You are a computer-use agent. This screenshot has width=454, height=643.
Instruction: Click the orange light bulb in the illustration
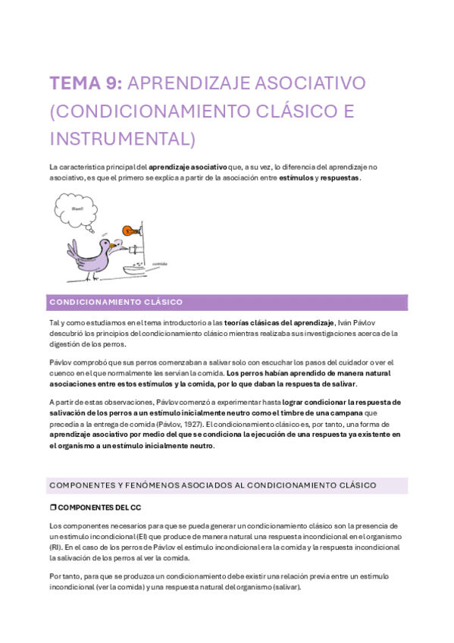[130, 230]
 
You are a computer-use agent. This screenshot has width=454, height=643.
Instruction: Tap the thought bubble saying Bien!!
[77, 209]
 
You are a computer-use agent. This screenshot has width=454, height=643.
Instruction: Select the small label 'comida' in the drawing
[160, 264]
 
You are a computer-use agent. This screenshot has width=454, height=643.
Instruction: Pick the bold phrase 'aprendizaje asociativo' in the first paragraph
[188, 165]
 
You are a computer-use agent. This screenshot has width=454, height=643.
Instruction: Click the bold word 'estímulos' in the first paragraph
[296, 177]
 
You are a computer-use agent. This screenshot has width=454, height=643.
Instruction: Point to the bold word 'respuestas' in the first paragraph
[340, 177]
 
